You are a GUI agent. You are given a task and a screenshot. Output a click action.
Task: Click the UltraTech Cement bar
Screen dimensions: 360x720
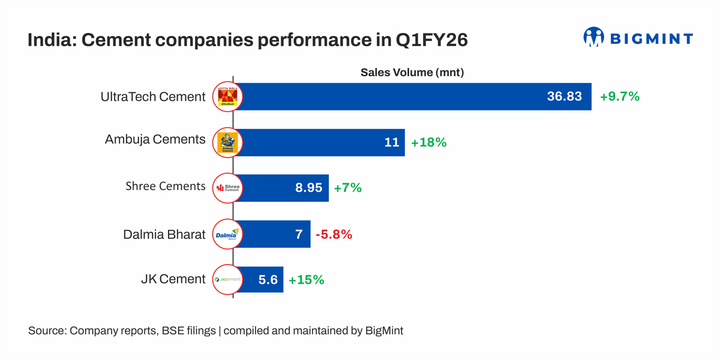pos(414,97)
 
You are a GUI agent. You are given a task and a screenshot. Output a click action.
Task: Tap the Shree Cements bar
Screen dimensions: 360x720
pos(282,188)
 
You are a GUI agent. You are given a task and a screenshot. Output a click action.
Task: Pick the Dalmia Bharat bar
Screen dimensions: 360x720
pos(273,234)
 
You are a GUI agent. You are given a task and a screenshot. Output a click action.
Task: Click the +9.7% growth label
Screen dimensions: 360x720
pos(620,97)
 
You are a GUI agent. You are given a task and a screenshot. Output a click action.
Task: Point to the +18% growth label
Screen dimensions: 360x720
pos(428,143)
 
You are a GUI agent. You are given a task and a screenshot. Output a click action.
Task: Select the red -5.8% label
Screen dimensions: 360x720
pos(334,235)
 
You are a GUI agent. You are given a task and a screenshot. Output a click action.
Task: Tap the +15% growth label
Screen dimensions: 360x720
pos(306,280)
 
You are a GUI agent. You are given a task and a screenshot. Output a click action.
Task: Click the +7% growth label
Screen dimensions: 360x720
pos(347,188)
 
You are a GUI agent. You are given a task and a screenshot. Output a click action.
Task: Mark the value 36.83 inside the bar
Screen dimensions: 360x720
pos(564,97)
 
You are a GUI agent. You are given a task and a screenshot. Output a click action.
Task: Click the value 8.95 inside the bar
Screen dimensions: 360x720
pos(308,188)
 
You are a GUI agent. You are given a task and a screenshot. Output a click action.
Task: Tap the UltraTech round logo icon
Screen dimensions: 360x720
pos(227,97)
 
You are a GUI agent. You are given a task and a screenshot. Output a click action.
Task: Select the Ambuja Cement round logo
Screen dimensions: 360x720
pos(227,142)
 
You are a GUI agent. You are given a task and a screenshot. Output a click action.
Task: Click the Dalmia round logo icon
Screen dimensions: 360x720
pos(227,234)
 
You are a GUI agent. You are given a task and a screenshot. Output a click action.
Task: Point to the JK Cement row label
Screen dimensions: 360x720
pos(174,279)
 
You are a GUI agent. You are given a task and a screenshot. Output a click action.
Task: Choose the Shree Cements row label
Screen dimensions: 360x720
pos(166,187)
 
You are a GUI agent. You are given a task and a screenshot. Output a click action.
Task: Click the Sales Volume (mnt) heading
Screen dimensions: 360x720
pos(412,73)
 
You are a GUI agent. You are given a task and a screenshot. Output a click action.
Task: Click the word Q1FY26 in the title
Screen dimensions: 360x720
pos(431,41)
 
